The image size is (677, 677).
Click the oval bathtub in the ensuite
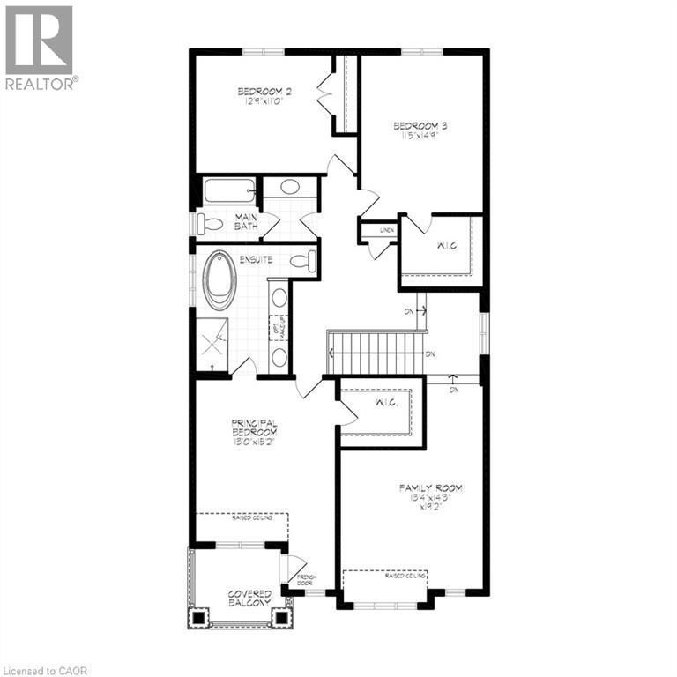(x=219, y=281)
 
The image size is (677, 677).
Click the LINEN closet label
(x=387, y=229)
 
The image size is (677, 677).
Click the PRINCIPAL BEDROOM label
(x=255, y=432)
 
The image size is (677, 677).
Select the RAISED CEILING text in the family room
(x=406, y=575)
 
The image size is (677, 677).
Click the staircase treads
(x=376, y=353)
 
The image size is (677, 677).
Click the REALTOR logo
(x=40, y=48)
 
